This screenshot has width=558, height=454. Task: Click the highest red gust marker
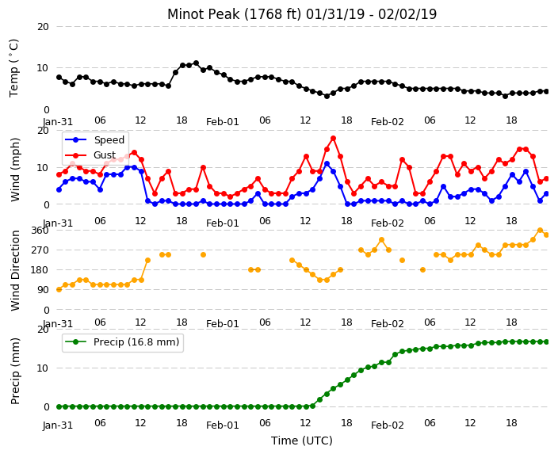pyautogui.click(x=333, y=139)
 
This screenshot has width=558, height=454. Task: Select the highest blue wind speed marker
pyautogui.click(x=327, y=164)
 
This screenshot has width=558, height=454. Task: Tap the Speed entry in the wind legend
pyautogui.click(x=94, y=139)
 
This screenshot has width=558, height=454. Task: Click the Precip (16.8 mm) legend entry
pyautogui.click(x=122, y=342)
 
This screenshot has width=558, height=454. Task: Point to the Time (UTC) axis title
pyautogui.click(x=302, y=441)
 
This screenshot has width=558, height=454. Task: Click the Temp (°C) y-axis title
pyautogui.click(x=14, y=68)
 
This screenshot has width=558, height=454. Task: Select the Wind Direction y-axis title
pyautogui.click(x=15, y=270)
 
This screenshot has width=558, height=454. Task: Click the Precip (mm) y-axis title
pyautogui.click(x=14, y=371)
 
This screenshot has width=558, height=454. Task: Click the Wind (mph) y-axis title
pyautogui.click(x=15, y=170)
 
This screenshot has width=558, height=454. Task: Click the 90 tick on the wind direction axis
pyautogui.click(x=43, y=290)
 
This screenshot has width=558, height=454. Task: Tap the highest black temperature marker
pyautogui.click(x=196, y=63)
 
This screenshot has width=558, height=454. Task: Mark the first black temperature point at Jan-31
pyautogui.click(x=59, y=78)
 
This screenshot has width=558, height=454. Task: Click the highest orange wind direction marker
pyautogui.click(x=540, y=231)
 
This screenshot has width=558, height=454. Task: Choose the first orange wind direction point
pyautogui.click(x=59, y=290)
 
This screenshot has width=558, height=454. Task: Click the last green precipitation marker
pyautogui.click(x=547, y=342)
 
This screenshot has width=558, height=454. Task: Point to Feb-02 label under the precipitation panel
pyautogui.click(x=387, y=425)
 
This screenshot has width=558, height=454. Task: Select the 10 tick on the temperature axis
pyautogui.click(x=43, y=68)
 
